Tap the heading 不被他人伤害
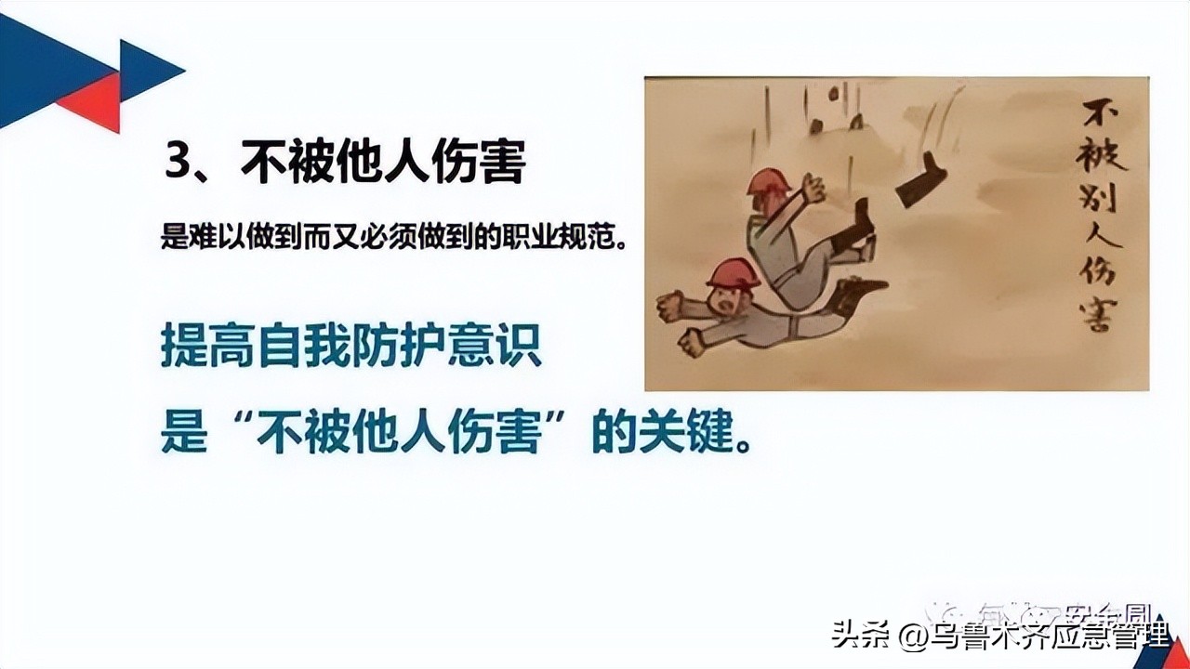point(383,162)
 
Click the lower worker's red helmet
point(733,272)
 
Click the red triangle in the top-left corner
point(92,102)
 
